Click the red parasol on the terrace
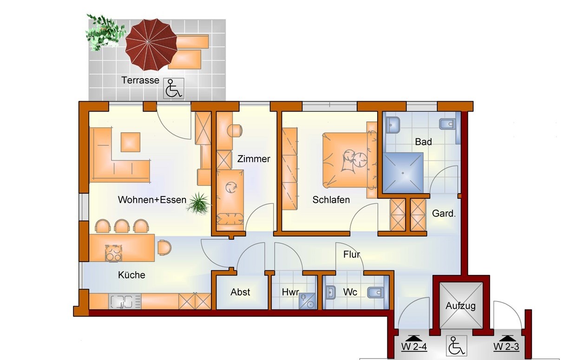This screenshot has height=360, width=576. [151, 45]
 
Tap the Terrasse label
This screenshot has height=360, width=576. [140, 80]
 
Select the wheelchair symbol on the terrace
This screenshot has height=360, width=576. [174, 88]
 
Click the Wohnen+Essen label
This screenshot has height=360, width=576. [152, 200]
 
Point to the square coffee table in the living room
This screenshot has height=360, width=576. [131, 142]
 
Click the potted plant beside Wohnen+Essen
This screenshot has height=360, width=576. [198, 203]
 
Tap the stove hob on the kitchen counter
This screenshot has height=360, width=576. [113, 253]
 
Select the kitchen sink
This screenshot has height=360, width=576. [125, 301]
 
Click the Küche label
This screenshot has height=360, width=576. [131, 275]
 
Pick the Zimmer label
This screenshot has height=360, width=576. [254, 159]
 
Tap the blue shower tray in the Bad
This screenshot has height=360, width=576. [403, 173]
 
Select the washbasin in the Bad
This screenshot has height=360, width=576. [393, 125]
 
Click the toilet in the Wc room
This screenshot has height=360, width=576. [375, 292]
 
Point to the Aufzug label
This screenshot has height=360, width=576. [460, 306]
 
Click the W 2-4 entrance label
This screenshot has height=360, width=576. [414, 347]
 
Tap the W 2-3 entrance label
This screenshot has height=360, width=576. [506, 347]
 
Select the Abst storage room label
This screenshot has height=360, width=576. [240, 292]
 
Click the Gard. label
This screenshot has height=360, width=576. [444, 213]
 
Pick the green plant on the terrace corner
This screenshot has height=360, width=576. [105, 33]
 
